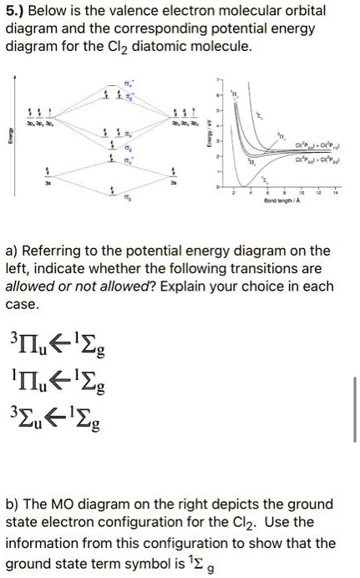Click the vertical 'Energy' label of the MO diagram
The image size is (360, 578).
(x=9, y=143)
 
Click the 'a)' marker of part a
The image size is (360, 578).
(x=13, y=251)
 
